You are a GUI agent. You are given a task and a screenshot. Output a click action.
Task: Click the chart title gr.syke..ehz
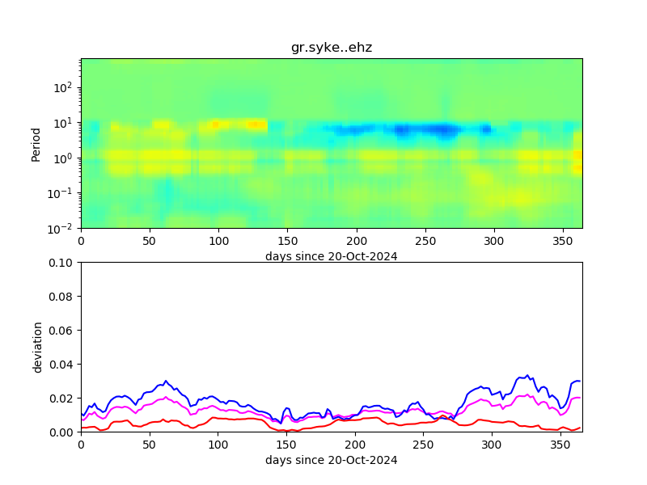tap(332, 48)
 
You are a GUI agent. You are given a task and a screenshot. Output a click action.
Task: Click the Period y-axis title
tap(36, 143)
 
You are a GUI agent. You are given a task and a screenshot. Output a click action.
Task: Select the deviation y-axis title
tap(37, 347)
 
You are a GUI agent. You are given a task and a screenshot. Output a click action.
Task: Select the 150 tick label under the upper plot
tap(287, 241)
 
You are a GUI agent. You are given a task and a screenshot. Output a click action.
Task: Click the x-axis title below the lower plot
tap(332, 461)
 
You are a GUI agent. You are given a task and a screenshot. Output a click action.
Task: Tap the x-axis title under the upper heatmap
tap(332, 256)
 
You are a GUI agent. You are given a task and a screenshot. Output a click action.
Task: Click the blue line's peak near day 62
tap(166, 381)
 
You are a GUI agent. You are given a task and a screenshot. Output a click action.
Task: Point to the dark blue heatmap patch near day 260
tap(441, 129)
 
